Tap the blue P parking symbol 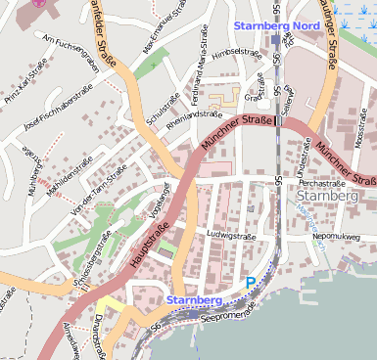pyautogui.click(x=251, y=283)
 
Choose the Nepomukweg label pyautogui.click(x=338, y=237)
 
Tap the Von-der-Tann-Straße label pyautogui.click(x=96, y=182)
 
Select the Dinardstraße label pyautogui.click(x=99, y=329)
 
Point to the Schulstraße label pyautogui.click(x=162, y=111)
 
